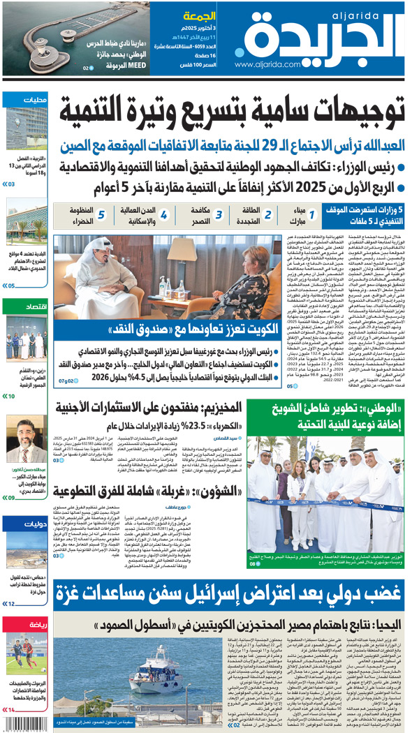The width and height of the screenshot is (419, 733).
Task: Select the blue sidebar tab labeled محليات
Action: tap(34, 100)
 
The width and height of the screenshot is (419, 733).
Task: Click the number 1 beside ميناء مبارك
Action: tap(312, 215)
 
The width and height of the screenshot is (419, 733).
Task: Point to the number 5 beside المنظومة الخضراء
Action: tap(101, 215)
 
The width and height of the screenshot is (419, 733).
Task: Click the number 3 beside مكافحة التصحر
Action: tap(218, 215)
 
